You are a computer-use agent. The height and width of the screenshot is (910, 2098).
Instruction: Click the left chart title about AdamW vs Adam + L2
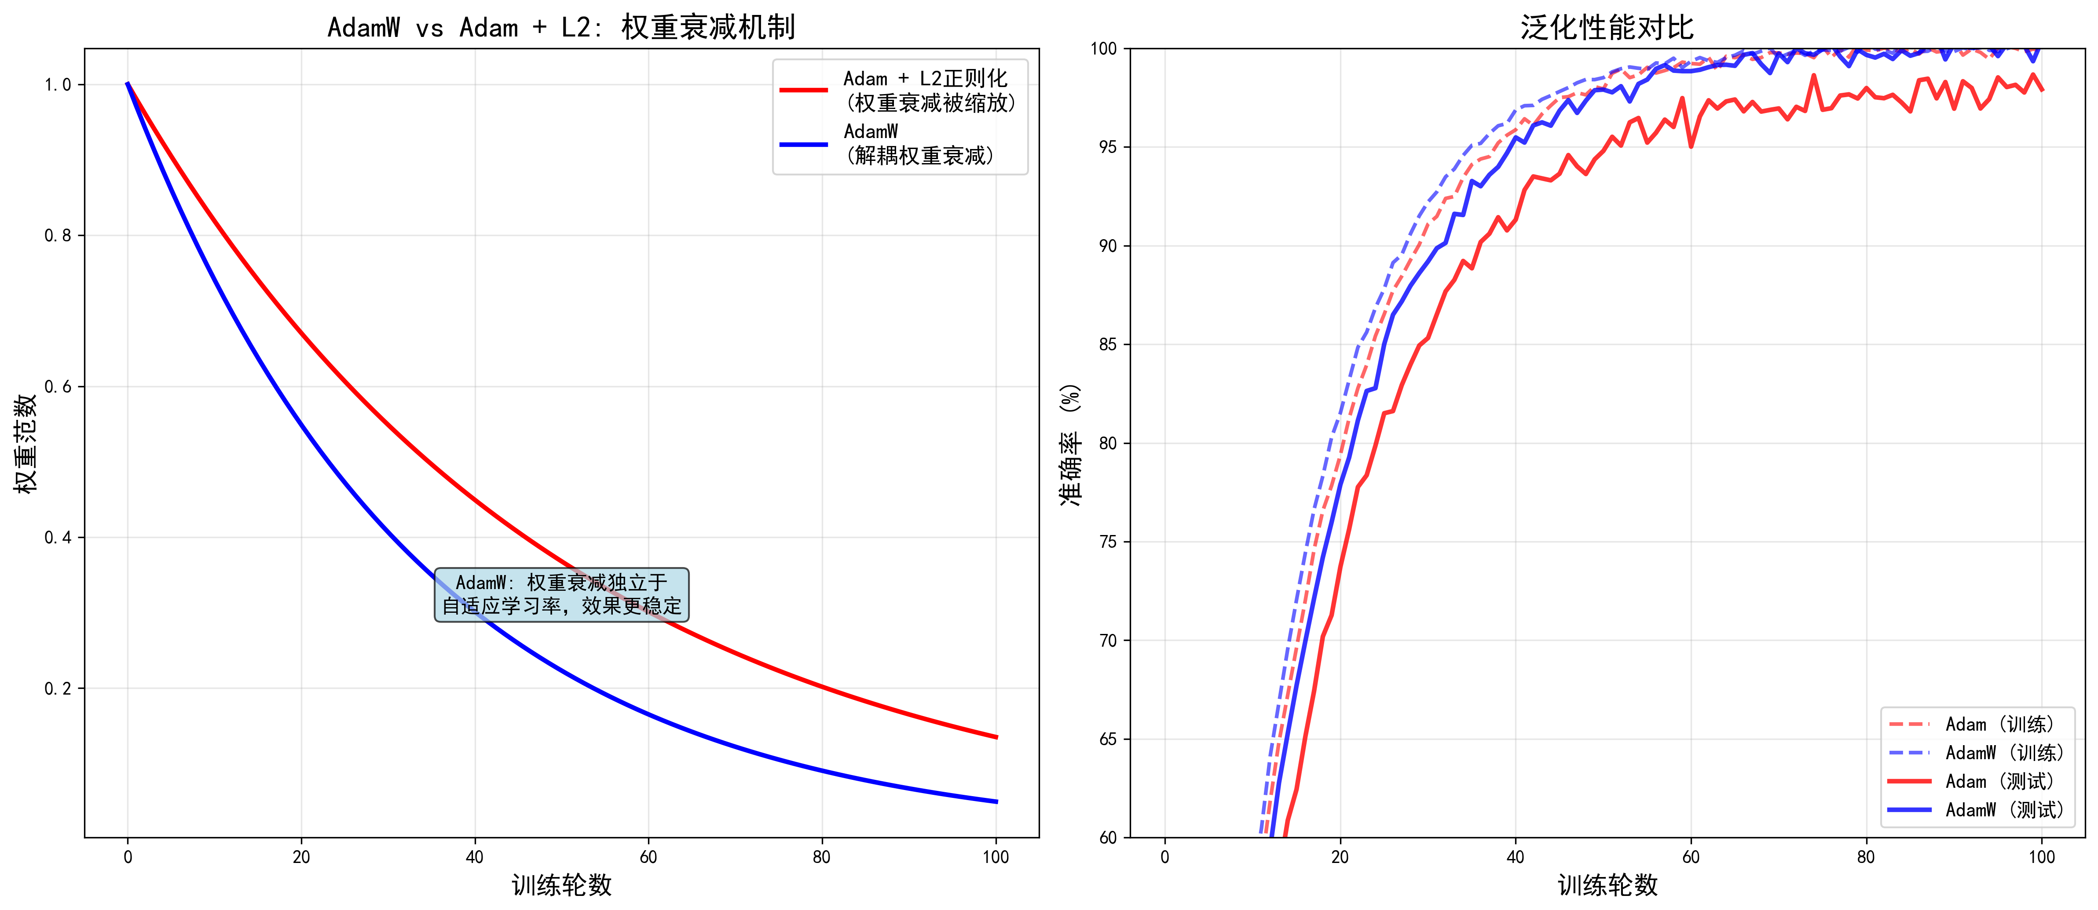(x=561, y=28)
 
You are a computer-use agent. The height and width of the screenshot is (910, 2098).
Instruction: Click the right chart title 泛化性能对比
(x=1606, y=28)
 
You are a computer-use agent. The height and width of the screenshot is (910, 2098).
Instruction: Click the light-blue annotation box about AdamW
(x=561, y=594)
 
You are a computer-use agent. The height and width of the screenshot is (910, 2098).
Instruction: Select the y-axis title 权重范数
(x=26, y=444)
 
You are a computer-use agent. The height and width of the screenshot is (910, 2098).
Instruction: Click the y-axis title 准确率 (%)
(x=1070, y=444)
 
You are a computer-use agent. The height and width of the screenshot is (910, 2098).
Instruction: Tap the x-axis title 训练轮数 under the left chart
(x=561, y=885)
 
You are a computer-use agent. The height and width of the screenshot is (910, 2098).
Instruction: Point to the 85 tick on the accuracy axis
(x=1108, y=344)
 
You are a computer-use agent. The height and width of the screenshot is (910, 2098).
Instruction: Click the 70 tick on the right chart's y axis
(x=1108, y=641)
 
